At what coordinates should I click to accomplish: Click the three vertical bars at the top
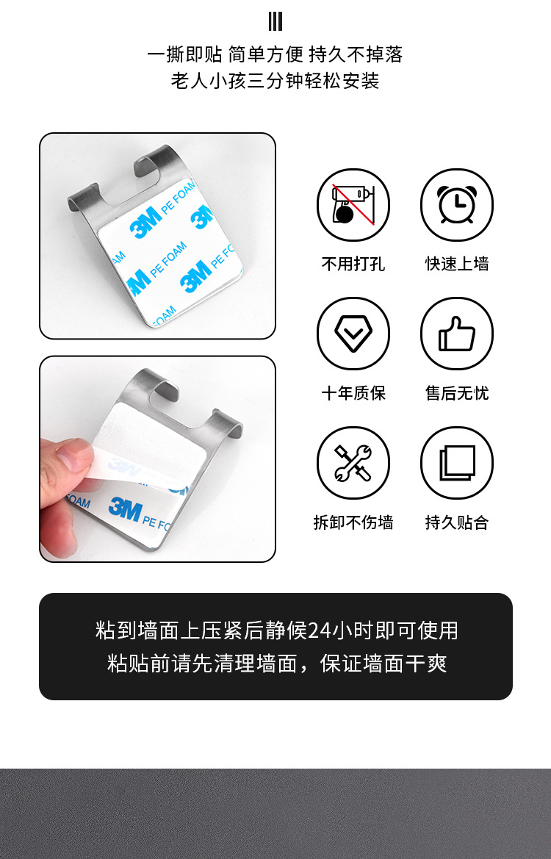coord(275,21)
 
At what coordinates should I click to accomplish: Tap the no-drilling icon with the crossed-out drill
coord(353,205)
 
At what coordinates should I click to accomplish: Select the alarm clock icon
coord(456,205)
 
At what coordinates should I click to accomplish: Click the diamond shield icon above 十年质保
coord(353,334)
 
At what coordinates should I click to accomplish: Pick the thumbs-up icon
coord(456,334)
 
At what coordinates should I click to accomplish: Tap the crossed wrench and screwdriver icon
coord(353,463)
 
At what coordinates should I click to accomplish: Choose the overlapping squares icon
coord(456,463)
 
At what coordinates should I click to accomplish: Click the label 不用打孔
coord(353,264)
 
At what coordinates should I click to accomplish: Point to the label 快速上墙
coord(456,264)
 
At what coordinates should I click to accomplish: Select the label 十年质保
coord(353,393)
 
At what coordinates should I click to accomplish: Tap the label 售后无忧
coord(456,393)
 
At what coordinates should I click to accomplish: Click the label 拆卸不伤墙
coord(353,522)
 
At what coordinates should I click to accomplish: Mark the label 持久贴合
coord(456,522)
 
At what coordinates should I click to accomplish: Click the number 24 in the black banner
coord(320,630)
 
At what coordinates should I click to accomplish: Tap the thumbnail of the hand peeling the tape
coord(157,459)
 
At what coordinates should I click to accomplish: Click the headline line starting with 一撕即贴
coord(275,54)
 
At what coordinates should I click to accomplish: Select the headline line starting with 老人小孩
coord(275,81)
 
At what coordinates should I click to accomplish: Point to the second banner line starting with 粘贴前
coord(276,664)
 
